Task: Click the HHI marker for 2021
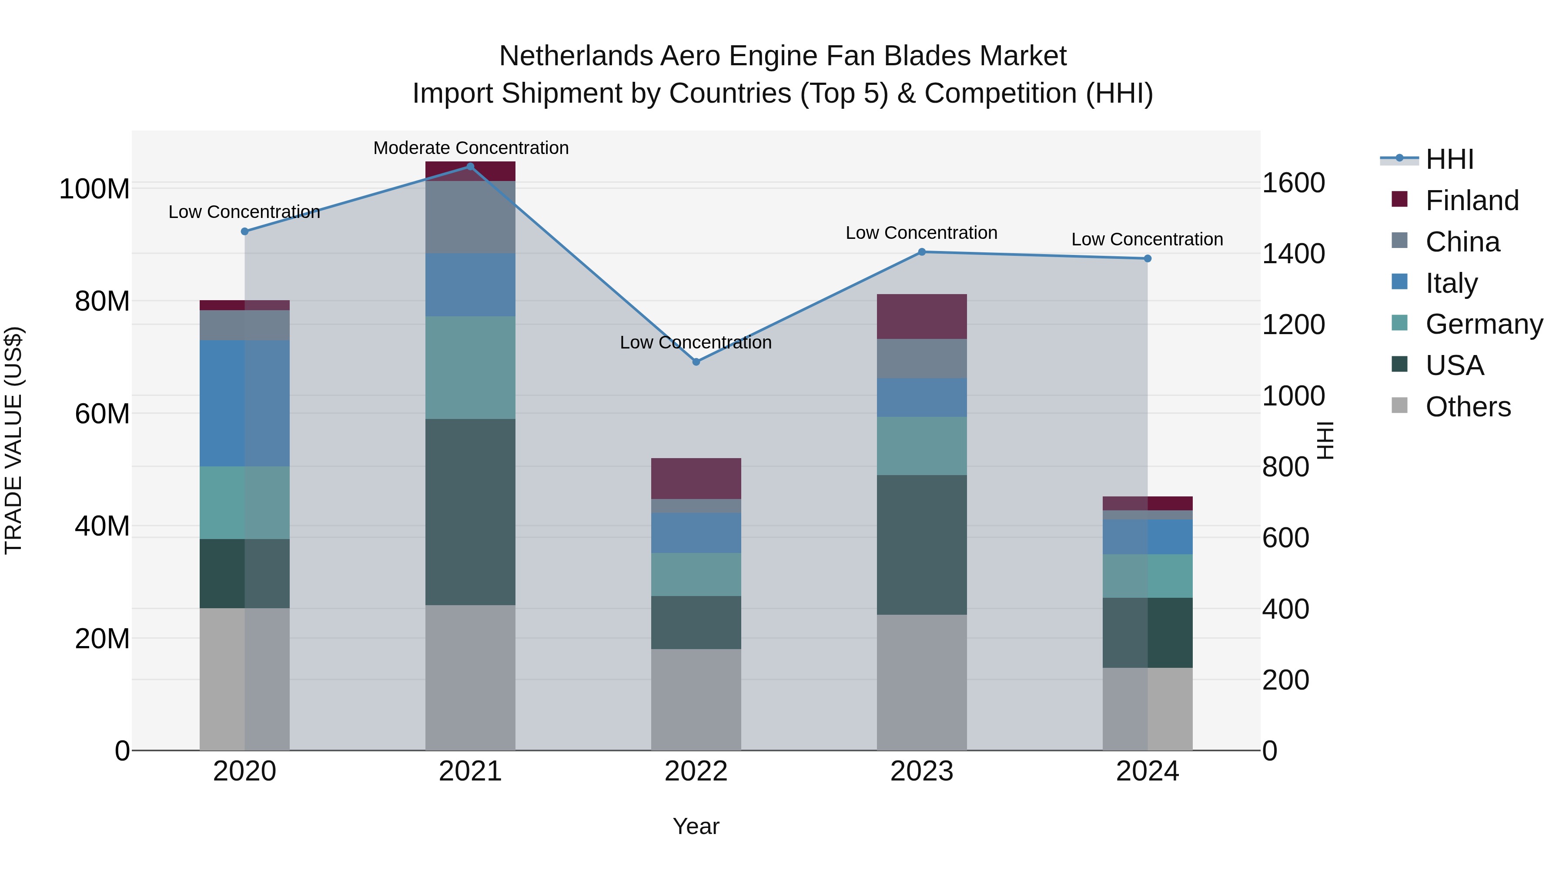470,167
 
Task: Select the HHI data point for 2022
696,362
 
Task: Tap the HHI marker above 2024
1147,258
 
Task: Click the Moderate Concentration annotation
471,148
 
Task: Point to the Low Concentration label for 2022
696,342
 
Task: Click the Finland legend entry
1471,201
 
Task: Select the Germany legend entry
1483,324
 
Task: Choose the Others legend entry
1468,407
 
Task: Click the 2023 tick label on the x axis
922,771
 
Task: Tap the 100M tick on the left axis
94,189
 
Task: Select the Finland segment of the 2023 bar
922,316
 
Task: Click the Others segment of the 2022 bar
696,699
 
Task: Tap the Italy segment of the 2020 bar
244,403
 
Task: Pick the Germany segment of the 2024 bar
1147,576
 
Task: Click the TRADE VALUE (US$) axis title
13,440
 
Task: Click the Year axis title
696,826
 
